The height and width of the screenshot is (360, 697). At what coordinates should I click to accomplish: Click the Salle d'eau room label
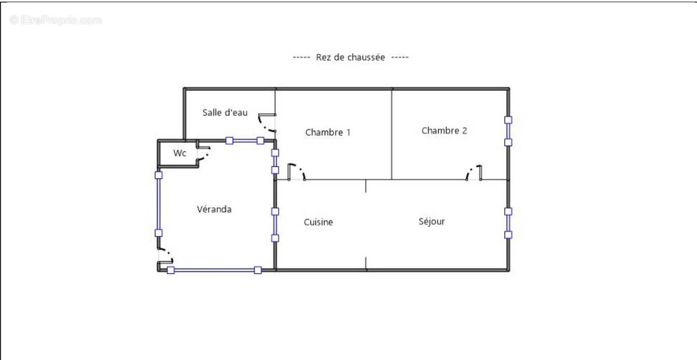(225, 112)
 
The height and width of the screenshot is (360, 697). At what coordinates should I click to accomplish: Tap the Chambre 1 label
(328, 132)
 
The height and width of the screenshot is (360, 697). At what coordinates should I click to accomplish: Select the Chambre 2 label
(444, 131)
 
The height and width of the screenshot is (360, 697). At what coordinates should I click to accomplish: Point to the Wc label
(180, 153)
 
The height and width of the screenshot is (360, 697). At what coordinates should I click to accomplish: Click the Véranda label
(214, 209)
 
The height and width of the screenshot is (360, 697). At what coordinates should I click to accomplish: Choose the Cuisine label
(318, 222)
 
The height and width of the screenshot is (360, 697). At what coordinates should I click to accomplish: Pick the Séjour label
(432, 221)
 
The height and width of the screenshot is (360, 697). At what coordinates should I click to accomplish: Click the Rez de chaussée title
(350, 57)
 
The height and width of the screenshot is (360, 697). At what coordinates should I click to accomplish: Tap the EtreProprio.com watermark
(56, 20)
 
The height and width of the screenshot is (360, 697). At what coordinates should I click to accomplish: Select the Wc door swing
(203, 153)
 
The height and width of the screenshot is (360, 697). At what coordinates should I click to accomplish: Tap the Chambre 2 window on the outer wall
(508, 131)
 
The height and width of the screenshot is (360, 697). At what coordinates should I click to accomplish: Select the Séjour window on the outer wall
(508, 223)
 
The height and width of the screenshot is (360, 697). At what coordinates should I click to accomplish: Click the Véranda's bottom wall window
(214, 270)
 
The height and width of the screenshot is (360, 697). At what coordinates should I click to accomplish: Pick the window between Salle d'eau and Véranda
(245, 141)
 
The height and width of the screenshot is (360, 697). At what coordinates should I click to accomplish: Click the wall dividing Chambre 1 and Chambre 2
(391, 134)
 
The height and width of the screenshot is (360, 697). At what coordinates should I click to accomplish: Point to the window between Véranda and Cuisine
(275, 224)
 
